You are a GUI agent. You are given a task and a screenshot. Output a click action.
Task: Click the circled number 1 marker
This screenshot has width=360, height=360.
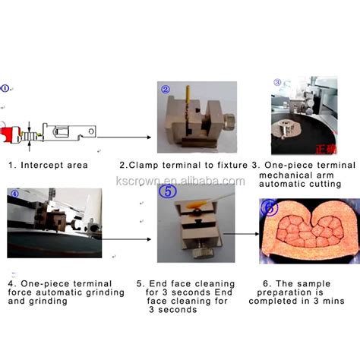point(5,88)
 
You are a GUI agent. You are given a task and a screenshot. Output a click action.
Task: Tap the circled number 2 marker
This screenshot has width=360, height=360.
point(166,90)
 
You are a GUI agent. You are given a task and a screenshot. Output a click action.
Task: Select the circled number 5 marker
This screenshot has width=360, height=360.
point(169,191)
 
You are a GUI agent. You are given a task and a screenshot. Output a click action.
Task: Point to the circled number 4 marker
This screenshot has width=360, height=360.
point(15,194)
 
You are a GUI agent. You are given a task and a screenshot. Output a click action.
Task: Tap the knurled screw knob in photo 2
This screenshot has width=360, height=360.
point(229,122)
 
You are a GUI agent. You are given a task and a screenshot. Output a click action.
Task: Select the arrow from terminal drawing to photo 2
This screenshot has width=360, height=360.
point(124,137)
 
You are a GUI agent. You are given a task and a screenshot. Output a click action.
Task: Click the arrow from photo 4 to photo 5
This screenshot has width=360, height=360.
point(126,239)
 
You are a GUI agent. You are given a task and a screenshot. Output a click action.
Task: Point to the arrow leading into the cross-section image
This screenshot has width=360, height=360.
point(241,234)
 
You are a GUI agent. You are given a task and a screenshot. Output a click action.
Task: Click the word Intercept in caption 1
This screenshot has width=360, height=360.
point(41,166)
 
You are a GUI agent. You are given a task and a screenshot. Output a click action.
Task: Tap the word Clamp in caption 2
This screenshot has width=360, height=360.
point(144,166)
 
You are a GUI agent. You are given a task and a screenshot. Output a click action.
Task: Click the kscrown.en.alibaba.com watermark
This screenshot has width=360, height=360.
point(180,181)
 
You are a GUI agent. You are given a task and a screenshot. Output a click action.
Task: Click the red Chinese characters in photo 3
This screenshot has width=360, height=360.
point(326,149)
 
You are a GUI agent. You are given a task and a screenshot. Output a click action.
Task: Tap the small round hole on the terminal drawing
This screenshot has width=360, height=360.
point(91,131)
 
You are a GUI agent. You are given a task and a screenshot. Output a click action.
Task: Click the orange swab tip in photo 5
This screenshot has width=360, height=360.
point(196,204)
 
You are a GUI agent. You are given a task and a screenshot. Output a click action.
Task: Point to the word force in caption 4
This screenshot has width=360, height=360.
point(21,292)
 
